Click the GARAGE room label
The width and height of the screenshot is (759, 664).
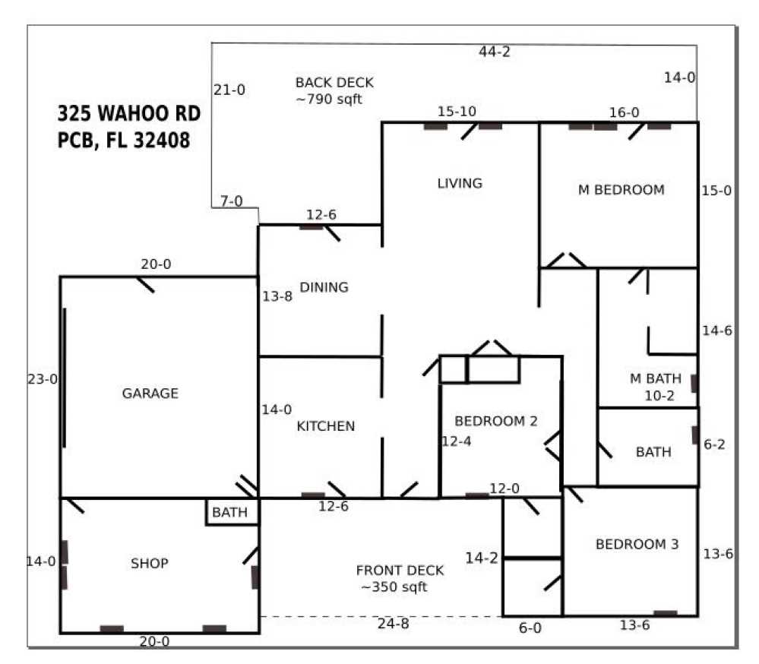coord(150,394)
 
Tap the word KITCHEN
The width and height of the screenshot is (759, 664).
coord(325,426)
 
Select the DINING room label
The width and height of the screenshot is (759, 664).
coord(324,287)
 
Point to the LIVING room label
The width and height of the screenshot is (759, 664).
coord(460,183)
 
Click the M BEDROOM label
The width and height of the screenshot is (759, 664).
coord(621,190)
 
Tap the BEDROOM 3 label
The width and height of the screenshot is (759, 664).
coord(637,545)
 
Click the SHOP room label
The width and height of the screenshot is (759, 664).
coord(150,564)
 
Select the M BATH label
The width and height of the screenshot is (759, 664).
coord(655,379)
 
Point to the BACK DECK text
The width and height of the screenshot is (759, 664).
coord(334,83)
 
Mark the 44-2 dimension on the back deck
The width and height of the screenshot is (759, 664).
coord(494,52)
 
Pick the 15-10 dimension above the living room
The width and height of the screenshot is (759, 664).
coord(457,112)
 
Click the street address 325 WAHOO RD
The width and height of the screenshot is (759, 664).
coord(129,114)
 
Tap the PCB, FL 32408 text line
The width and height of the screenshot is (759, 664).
coord(124,141)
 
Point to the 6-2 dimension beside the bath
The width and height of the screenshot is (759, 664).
coord(715,445)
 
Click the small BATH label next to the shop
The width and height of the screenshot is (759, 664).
coord(229,513)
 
